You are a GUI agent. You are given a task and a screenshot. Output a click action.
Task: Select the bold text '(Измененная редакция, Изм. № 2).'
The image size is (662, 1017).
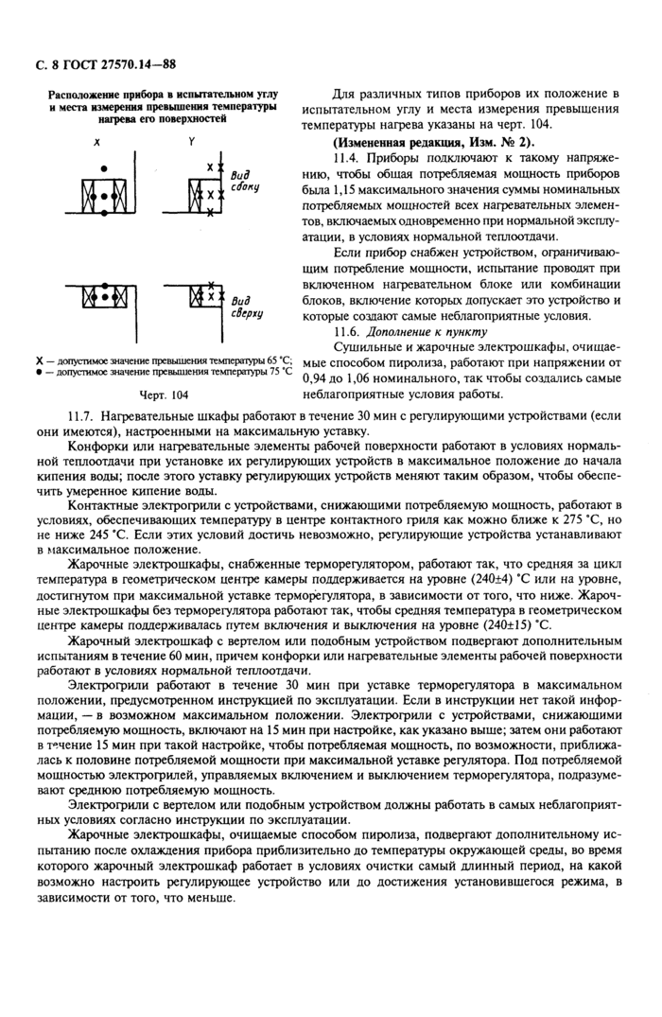[x=412, y=141]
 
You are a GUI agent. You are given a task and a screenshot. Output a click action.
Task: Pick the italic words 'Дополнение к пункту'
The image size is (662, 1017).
[x=427, y=332]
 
